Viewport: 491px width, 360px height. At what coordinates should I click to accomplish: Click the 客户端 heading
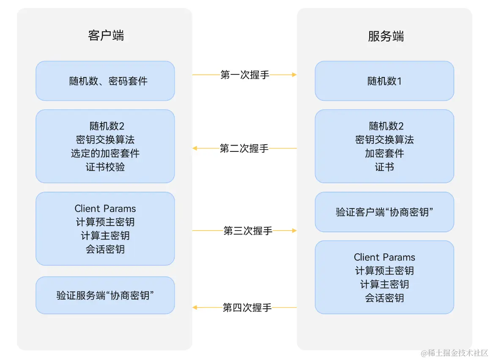[106, 36]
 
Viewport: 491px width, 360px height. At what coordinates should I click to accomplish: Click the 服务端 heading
[386, 36]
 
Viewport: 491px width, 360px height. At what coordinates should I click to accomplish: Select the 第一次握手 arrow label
[245, 75]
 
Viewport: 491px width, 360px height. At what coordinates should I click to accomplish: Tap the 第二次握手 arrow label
[244, 148]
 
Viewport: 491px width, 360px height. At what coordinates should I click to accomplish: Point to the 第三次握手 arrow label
[248, 231]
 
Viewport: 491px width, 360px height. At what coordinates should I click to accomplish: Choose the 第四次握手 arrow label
[247, 308]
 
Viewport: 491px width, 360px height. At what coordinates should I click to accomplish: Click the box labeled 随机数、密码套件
[105, 81]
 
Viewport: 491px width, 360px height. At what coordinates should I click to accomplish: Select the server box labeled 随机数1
[384, 81]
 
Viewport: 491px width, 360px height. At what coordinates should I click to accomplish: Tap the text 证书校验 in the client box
[105, 167]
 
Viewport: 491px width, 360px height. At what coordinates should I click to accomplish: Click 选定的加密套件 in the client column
[105, 153]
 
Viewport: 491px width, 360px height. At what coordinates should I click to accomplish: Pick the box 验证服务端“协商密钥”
[105, 295]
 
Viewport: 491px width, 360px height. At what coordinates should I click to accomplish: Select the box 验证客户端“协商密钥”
[384, 212]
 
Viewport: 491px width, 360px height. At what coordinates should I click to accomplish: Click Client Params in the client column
[105, 209]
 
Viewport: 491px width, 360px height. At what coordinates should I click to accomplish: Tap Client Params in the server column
[384, 257]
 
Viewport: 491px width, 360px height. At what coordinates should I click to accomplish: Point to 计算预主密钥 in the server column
[384, 271]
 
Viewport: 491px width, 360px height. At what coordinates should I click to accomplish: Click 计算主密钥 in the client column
[105, 236]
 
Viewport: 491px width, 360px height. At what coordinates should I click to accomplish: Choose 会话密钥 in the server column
[384, 298]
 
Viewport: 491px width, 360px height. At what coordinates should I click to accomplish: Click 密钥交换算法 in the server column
[384, 140]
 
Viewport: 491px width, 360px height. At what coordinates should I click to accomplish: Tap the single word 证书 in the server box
[384, 167]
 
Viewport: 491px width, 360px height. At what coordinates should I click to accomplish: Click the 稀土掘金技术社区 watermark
[454, 353]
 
